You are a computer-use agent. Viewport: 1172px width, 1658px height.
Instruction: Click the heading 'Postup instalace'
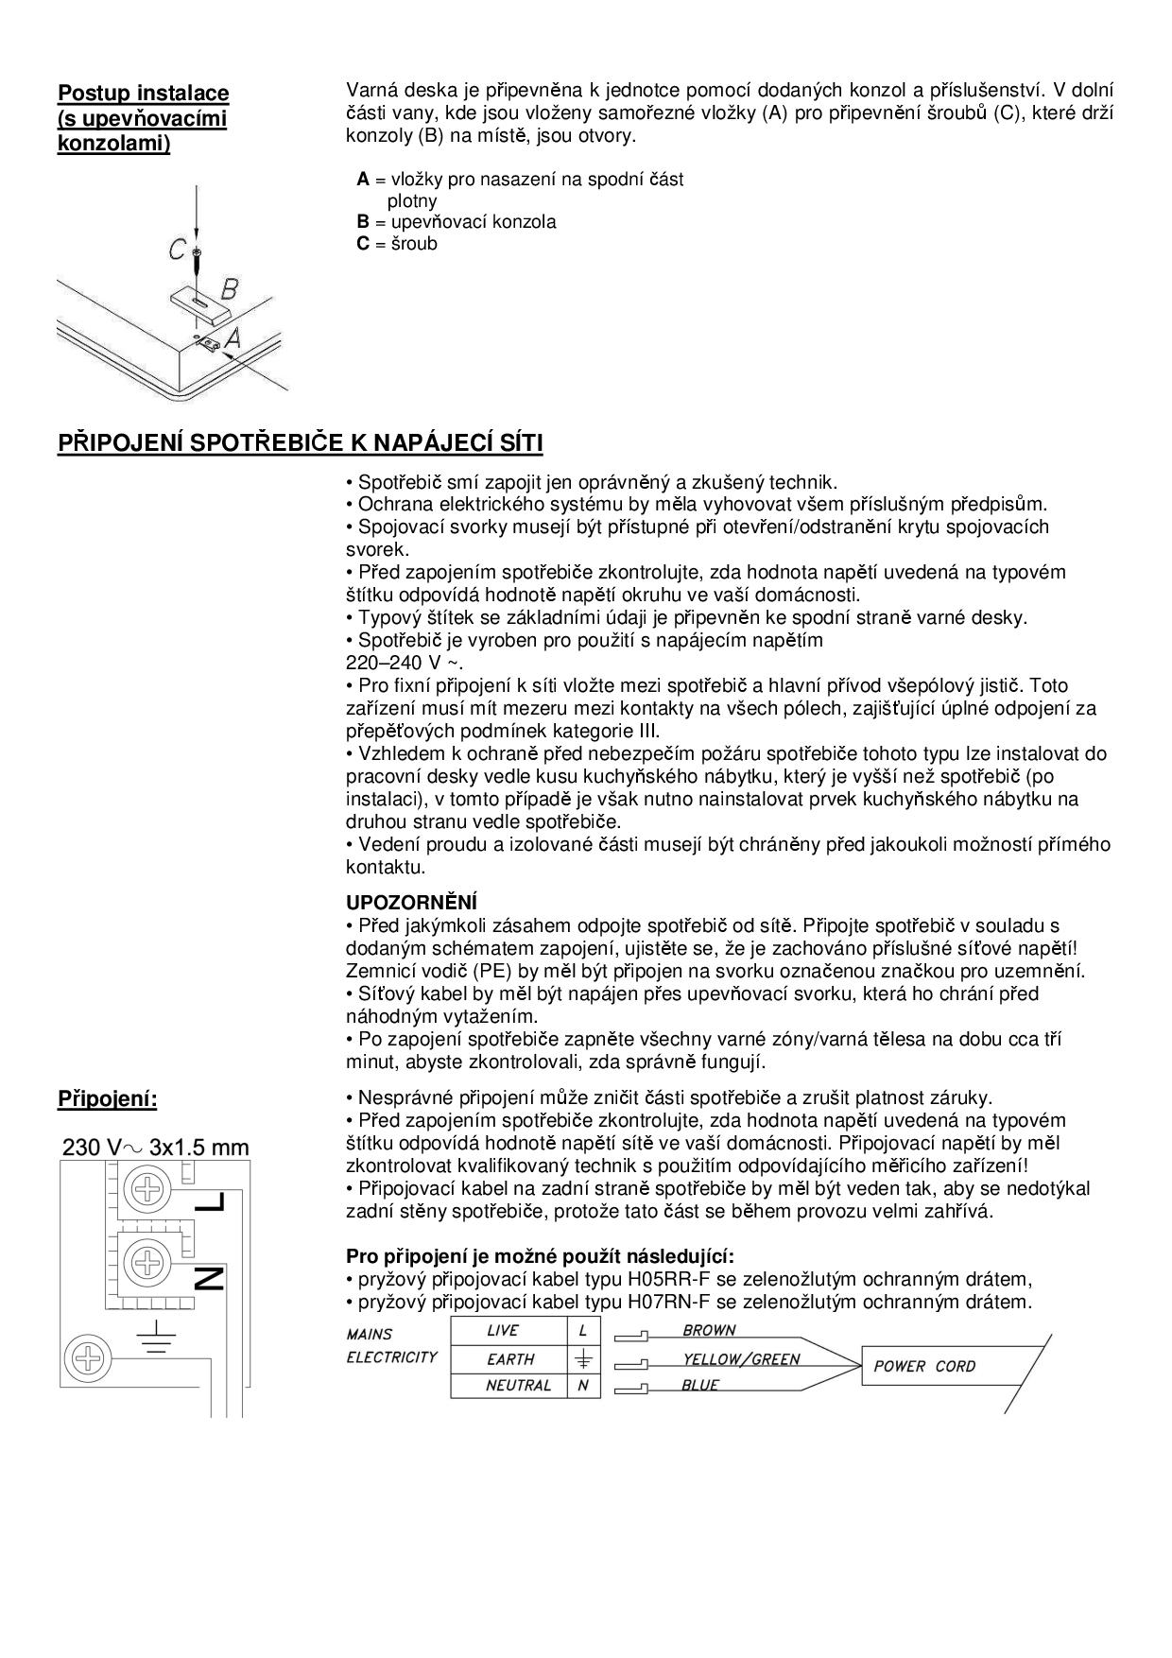[144, 94]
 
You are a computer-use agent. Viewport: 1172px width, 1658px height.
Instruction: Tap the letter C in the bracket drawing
[178, 250]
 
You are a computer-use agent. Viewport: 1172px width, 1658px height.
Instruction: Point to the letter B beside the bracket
[229, 288]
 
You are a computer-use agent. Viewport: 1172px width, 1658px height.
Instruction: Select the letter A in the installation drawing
[232, 337]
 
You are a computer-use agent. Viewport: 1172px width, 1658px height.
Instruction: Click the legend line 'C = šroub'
[397, 244]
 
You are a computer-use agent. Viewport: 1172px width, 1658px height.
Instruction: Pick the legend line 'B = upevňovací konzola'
[457, 222]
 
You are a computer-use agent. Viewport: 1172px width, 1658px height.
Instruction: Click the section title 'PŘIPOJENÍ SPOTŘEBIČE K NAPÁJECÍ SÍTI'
[300, 443]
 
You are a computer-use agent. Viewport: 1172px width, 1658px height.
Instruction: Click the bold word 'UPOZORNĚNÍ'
[411, 903]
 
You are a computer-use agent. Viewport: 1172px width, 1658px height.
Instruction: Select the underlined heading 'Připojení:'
[108, 1099]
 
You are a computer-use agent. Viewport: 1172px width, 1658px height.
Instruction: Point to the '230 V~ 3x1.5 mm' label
[156, 1148]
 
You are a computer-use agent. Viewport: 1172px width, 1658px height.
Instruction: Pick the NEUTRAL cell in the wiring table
[508, 1386]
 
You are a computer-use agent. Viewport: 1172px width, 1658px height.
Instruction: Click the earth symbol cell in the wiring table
[583, 1358]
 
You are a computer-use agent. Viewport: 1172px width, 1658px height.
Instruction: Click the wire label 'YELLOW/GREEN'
[741, 1359]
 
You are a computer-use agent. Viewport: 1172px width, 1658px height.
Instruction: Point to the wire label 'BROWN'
[709, 1330]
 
